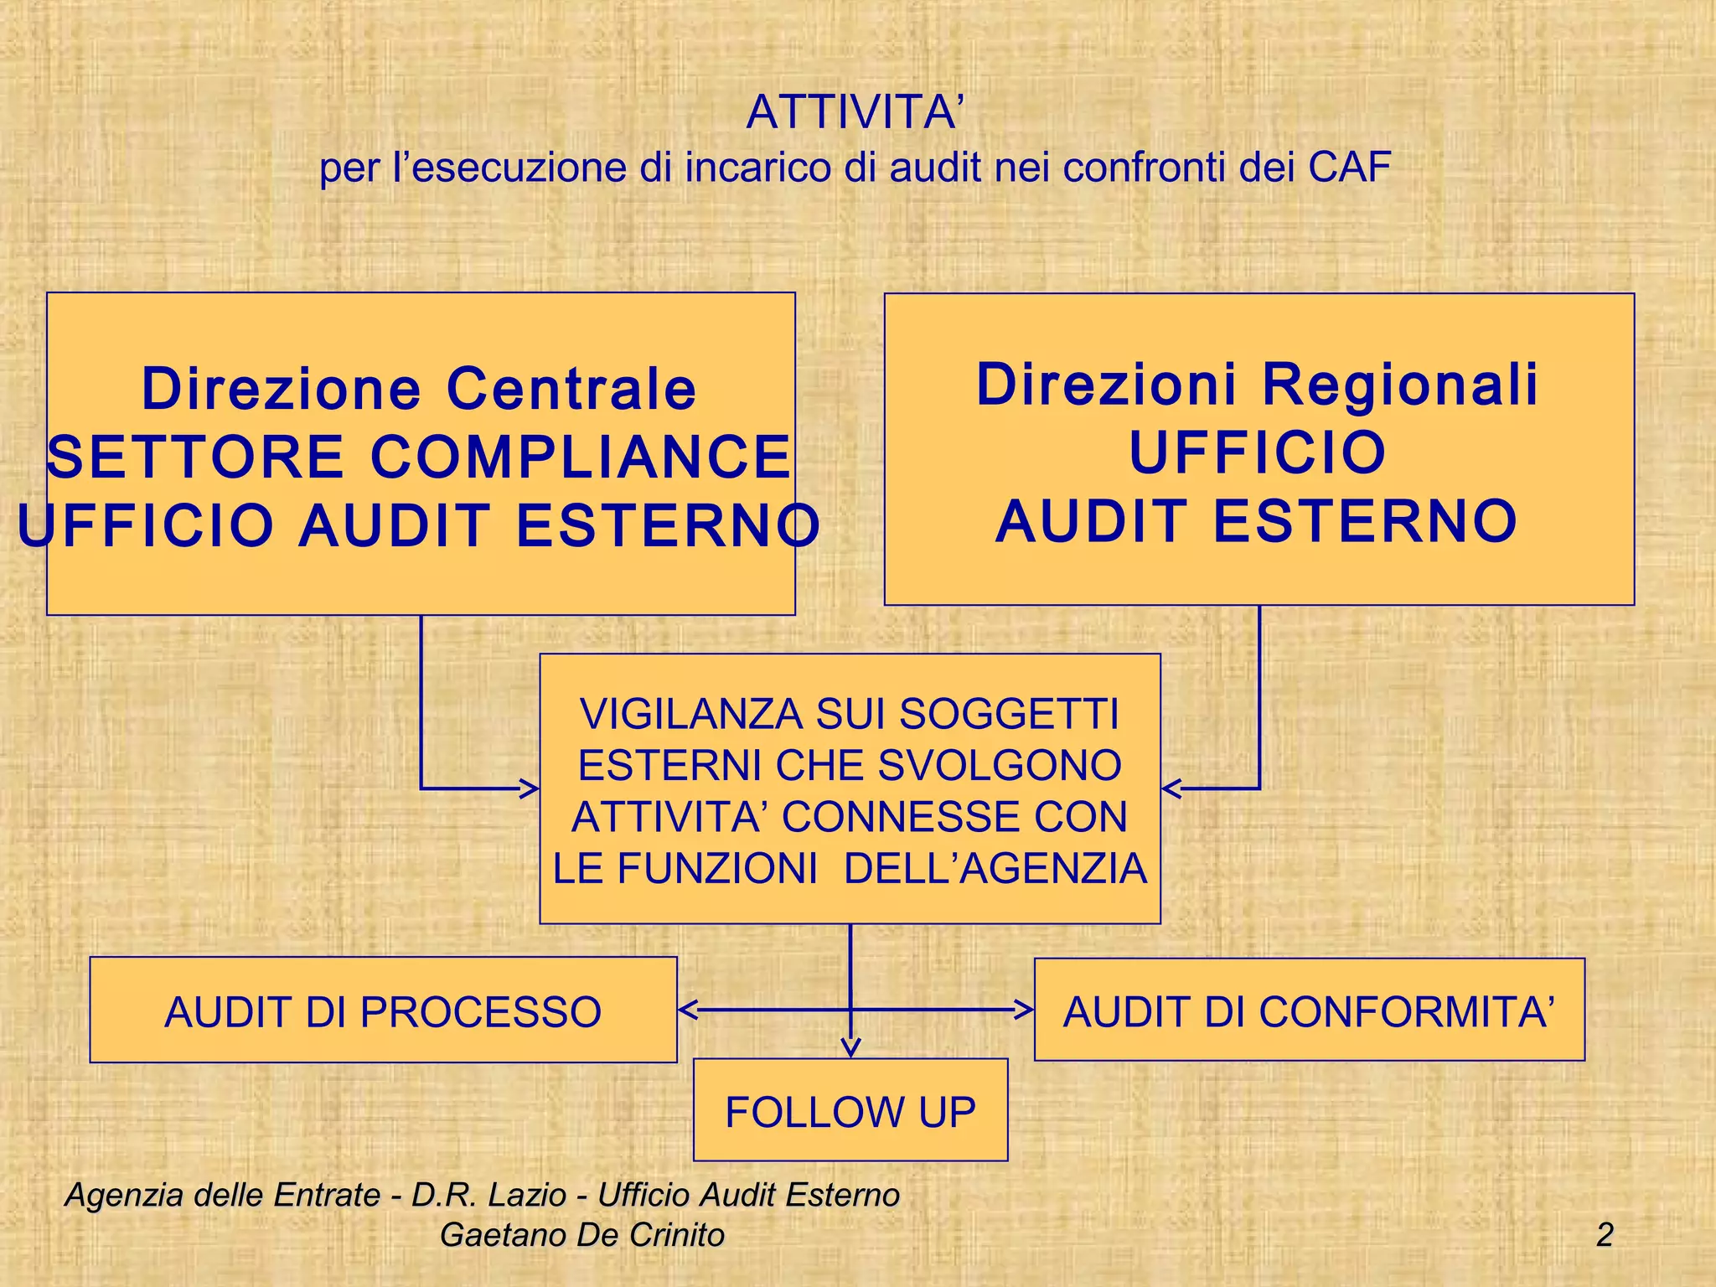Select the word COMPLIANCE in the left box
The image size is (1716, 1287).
pos(580,457)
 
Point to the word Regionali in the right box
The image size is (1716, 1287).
pos(1400,385)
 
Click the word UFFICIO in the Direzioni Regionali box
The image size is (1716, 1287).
pos(1258,452)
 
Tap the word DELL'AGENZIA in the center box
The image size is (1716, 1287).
pos(995,868)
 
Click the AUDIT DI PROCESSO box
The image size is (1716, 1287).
pos(383,1010)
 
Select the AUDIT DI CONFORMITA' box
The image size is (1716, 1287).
pos(1309,1010)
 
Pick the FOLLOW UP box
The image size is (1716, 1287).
pos(850,1111)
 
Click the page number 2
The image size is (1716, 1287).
pos(1605,1234)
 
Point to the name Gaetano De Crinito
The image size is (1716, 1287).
pos(581,1234)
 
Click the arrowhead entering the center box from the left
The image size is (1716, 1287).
pos(530,788)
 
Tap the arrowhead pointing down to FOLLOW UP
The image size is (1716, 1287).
pos(850,1048)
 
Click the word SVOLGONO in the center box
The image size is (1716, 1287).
pos(1000,766)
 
